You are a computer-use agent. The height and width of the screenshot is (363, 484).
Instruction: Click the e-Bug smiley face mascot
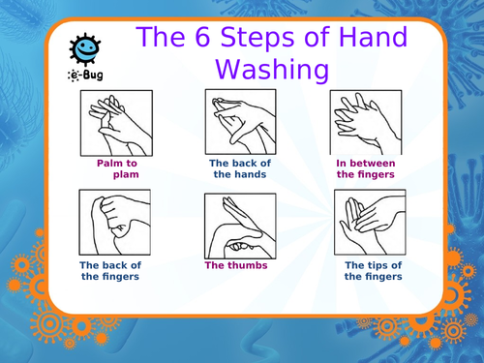pyautogui.click(x=85, y=48)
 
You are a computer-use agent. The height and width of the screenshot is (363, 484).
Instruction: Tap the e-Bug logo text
pyautogui.click(x=85, y=76)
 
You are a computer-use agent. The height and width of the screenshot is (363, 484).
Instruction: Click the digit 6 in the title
pyautogui.click(x=202, y=37)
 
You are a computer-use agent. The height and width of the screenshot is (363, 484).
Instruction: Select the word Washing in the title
pyautogui.click(x=272, y=70)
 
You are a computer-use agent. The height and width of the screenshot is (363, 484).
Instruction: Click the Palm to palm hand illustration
pyautogui.click(x=116, y=123)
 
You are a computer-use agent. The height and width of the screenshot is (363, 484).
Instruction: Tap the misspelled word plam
pyautogui.click(x=126, y=175)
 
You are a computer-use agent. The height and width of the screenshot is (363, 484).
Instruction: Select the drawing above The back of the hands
pyautogui.click(x=241, y=122)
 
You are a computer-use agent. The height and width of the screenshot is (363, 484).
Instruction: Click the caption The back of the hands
pyautogui.click(x=240, y=168)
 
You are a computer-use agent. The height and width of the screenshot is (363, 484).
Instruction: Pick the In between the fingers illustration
pyautogui.click(x=366, y=123)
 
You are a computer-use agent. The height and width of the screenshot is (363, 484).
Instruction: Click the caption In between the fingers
pyautogui.click(x=366, y=168)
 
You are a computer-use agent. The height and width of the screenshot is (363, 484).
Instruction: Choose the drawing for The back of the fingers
pyautogui.click(x=115, y=223)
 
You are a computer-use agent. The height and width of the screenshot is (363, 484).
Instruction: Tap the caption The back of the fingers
pyautogui.click(x=110, y=271)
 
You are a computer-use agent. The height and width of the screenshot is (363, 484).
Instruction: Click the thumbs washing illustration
pyautogui.click(x=240, y=226)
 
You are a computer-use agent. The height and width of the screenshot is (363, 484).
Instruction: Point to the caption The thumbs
pyautogui.click(x=236, y=265)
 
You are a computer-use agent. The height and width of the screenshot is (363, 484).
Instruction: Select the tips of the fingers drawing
pyautogui.click(x=370, y=223)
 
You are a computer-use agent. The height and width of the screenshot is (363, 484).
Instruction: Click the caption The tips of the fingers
pyautogui.click(x=374, y=271)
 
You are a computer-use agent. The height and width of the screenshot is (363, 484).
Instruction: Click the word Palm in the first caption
pyautogui.click(x=107, y=164)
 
